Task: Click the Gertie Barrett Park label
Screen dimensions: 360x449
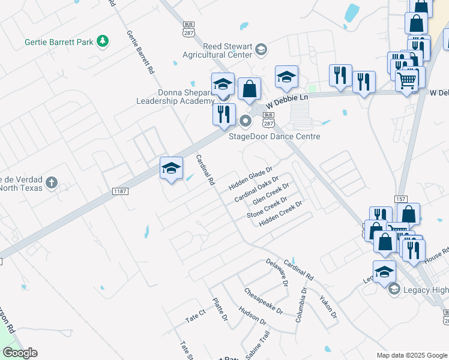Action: point(60,42)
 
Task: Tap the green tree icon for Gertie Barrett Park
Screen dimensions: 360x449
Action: point(104,41)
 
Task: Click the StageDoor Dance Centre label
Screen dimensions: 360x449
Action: point(274,136)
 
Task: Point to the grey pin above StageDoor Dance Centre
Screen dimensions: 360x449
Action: point(245,122)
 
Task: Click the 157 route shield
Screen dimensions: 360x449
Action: point(401,199)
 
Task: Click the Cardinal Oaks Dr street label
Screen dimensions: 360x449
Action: point(257,189)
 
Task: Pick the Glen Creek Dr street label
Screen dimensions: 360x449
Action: point(267,197)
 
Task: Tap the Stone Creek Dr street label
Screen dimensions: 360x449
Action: point(267,208)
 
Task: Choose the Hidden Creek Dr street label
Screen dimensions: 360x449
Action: point(280,214)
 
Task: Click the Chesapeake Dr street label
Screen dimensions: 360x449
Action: point(264,301)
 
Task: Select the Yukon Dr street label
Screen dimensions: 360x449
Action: point(328,307)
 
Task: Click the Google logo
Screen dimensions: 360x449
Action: point(20,353)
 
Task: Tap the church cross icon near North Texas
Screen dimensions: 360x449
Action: point(52,182)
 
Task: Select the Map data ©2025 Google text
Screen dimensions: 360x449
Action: point(411,355)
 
